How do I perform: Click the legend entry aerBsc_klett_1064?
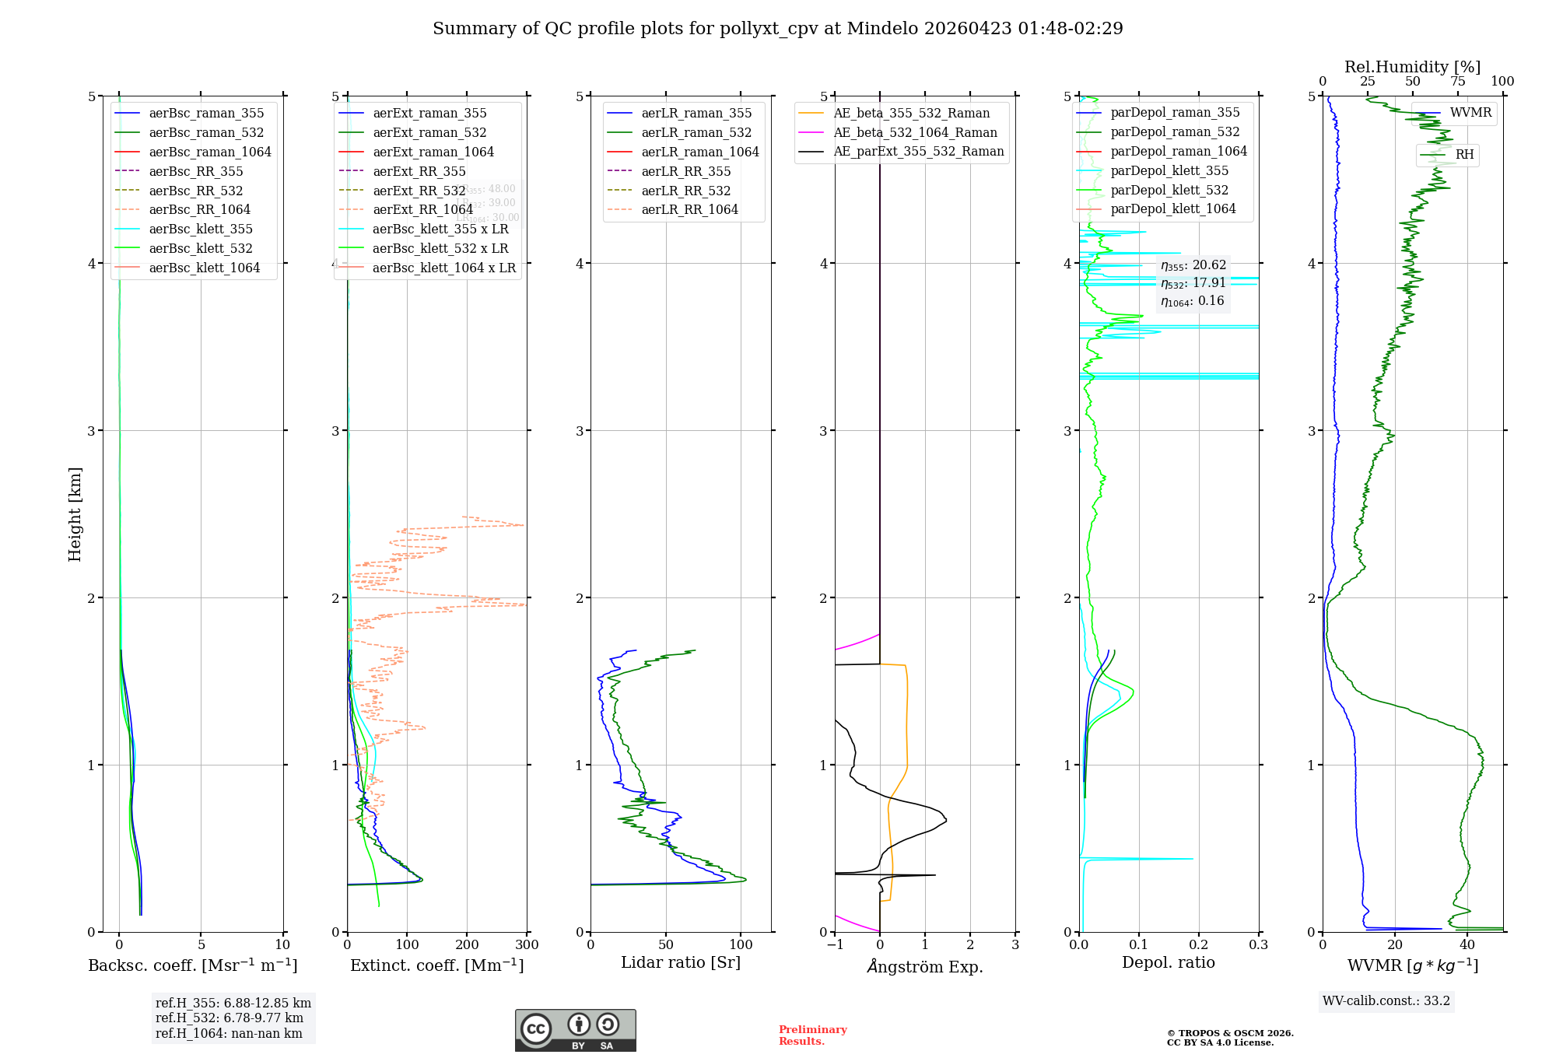205,268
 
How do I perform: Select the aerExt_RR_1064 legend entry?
422,209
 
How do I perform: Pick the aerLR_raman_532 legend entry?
696,132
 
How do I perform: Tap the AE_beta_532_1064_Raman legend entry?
915,132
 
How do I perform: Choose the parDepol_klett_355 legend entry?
1169,170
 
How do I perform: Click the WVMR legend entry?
1470,113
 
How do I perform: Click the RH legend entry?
1464,155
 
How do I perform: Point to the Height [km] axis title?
75,514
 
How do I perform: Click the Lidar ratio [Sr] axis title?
681,962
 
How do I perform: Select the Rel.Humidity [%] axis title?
1412,67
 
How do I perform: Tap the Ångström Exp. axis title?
925,966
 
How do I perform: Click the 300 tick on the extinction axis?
527,944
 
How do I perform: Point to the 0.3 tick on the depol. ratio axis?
1258,944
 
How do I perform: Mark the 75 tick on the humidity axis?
1458,82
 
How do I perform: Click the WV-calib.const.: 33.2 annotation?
1386,1000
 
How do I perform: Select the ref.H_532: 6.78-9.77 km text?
230,1018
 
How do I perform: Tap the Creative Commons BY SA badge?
575,1030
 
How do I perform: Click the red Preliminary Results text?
812,1035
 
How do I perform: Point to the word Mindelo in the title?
881,29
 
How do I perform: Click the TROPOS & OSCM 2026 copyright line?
1230,1033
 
